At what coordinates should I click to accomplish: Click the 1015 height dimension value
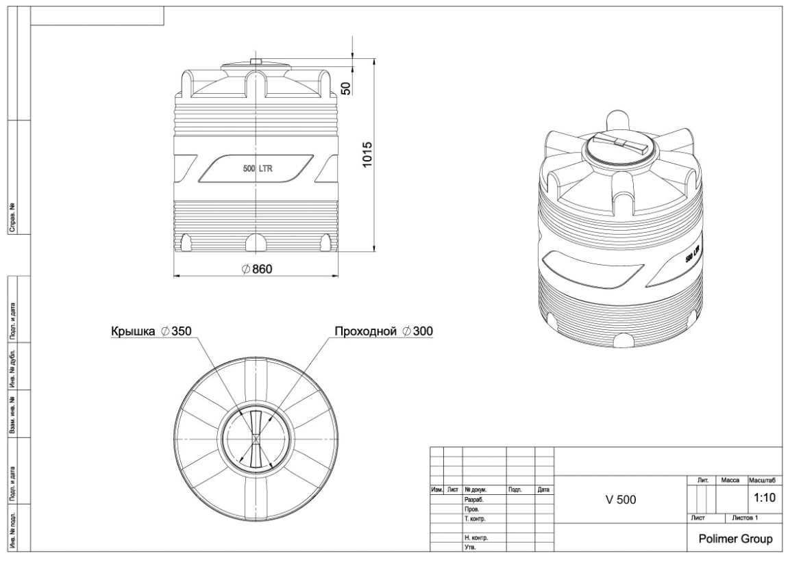pos(367,155)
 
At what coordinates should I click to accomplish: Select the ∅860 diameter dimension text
pos(256,269)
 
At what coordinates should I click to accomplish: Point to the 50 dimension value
pos(346,88)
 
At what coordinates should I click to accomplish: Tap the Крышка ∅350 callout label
pos(151,331)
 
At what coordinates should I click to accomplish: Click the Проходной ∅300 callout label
pos(384,331)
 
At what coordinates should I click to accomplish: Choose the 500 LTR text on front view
pos(258,168)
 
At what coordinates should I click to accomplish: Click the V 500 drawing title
pos(621,500)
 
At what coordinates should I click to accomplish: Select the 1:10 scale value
pos(764,498)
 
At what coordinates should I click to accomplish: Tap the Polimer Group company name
pos(735,539)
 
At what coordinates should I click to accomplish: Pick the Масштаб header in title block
pos(763,481)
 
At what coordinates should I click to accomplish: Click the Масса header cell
pos(730,481)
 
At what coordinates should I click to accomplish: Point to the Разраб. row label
pos(474,500)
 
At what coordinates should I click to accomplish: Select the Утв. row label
pos(470,548)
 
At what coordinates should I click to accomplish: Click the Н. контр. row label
pos(476,538)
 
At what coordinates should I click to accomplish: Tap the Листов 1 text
pos(745,518)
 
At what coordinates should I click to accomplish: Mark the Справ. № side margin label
pos(12,218)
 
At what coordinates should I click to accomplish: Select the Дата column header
pos(543,489)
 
